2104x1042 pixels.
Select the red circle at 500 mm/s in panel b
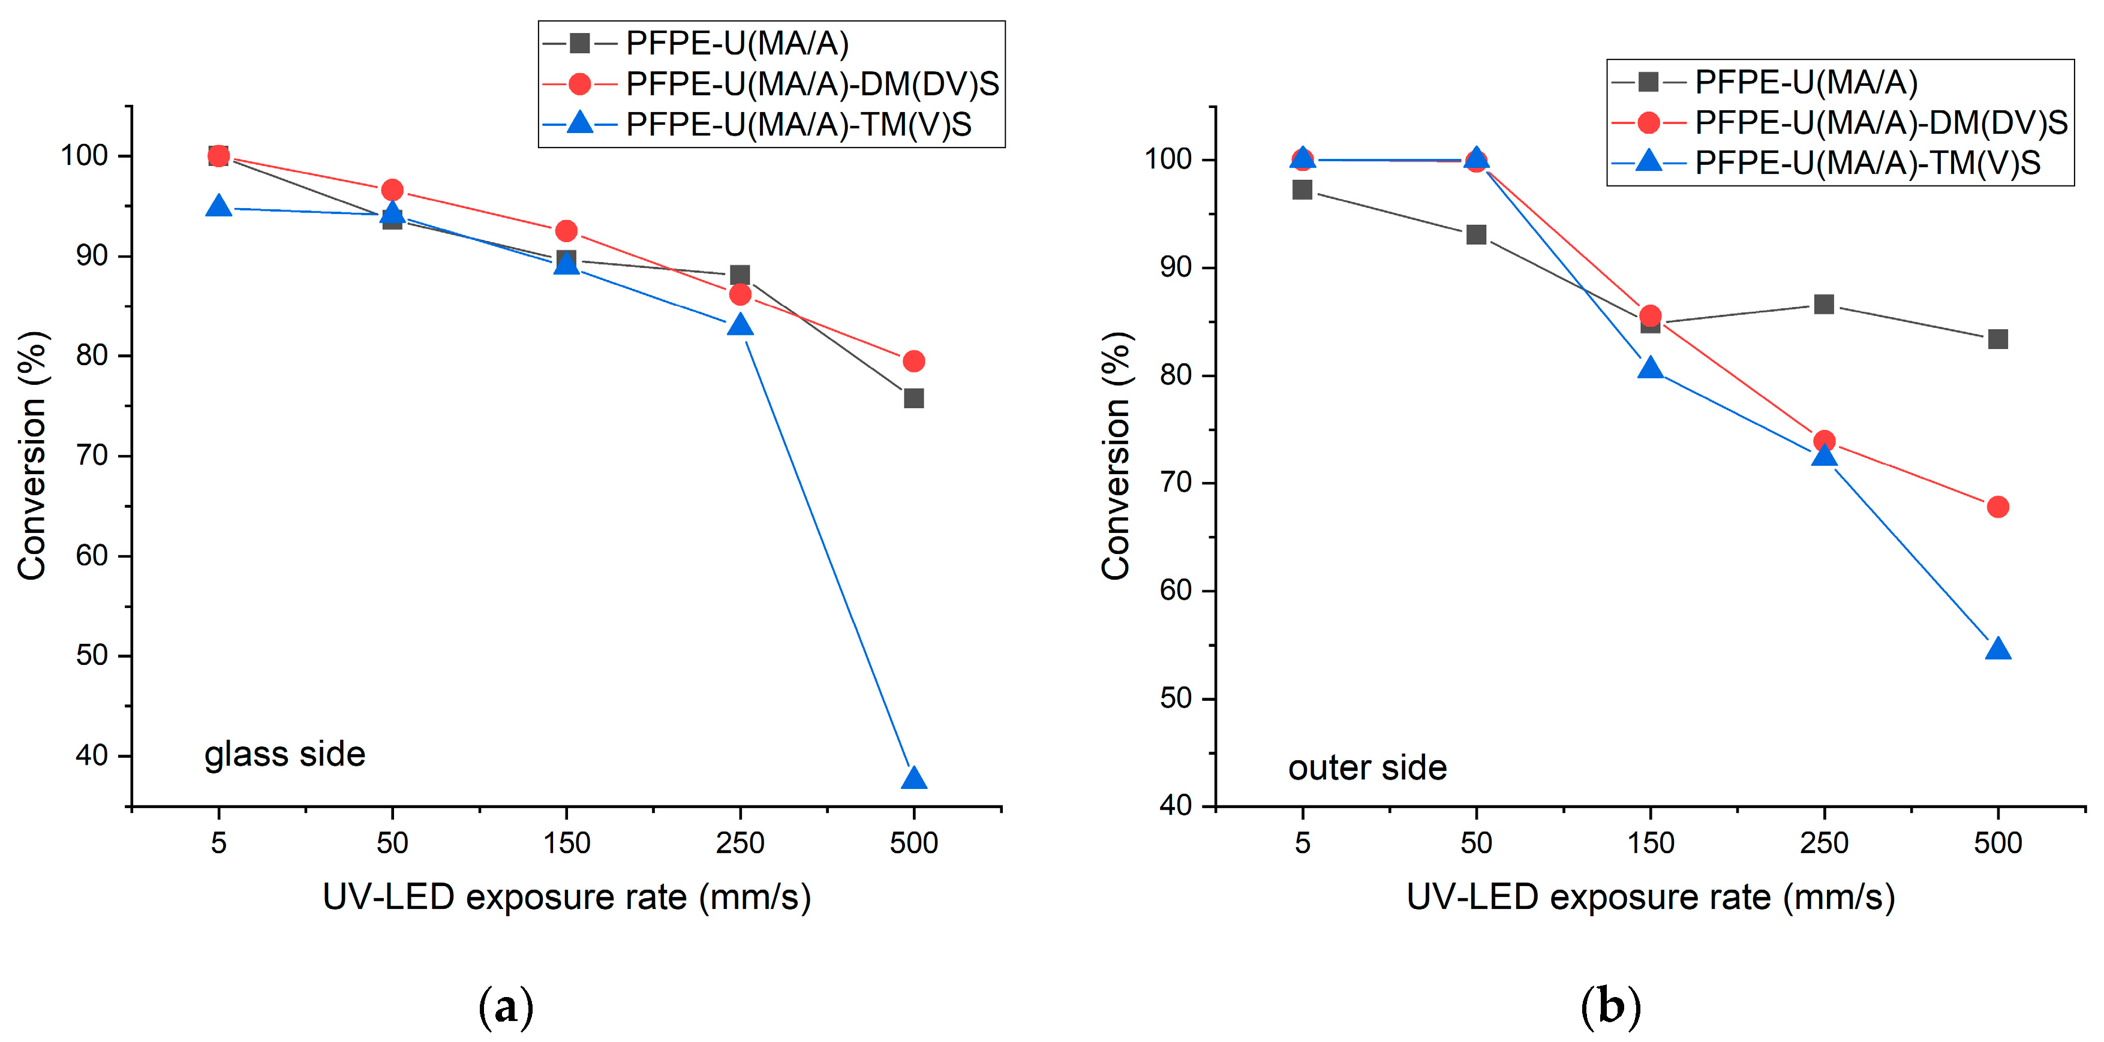[1997, 507]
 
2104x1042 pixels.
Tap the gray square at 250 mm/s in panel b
[1824, 305]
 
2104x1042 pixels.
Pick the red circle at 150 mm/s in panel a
[566, 231]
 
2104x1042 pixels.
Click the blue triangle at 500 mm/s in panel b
[1997, 650]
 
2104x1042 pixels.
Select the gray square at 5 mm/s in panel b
[1302, 190]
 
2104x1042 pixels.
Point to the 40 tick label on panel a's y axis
[92, 755]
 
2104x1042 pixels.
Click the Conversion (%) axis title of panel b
[1116, 456]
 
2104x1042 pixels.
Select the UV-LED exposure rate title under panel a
[566, 898]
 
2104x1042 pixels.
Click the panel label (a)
[506, 1006]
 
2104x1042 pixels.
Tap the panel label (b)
[1610, 1006]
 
